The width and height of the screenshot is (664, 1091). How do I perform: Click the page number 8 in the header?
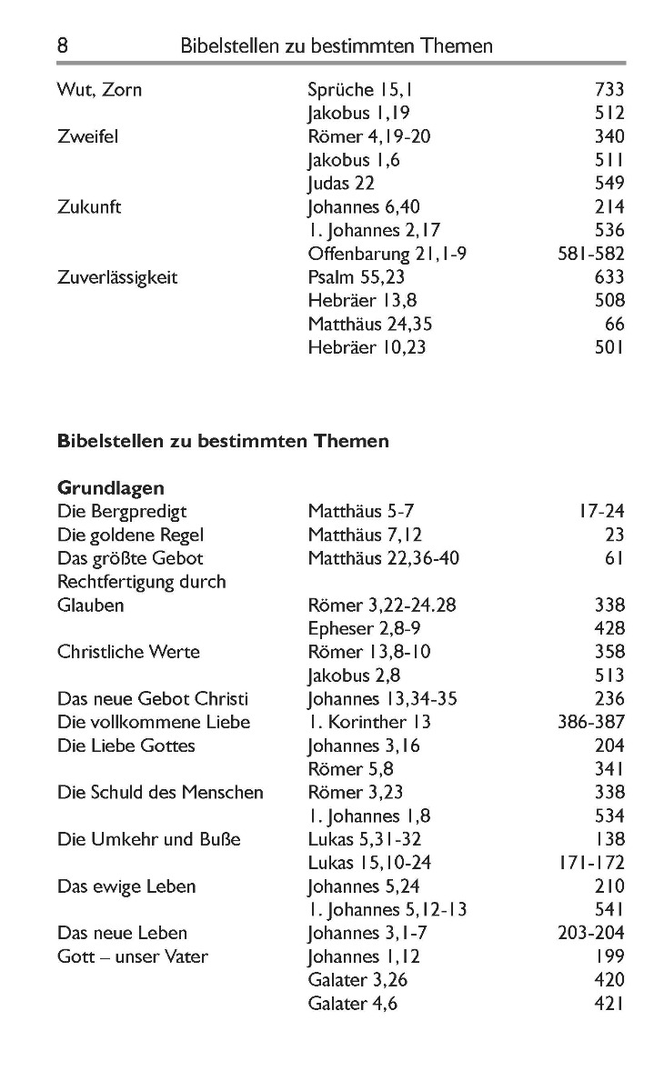tap(63, 45)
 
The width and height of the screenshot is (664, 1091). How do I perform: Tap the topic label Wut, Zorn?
tap(99, 90)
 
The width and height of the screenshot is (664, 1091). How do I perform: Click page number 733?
tap(609, 90)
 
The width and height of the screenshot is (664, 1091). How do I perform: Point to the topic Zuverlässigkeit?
tap(117, 277)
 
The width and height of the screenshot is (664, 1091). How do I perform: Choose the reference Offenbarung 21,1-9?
tap(387, 254)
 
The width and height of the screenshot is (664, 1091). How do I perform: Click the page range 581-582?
tap(590, 254)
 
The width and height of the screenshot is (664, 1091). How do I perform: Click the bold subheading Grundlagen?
tap(111, 488)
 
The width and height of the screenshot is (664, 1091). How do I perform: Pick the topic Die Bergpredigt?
tap(122, 512)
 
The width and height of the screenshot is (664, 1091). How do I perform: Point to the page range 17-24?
tap(600, 512)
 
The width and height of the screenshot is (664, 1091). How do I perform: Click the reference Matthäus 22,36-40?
tap(384, 558)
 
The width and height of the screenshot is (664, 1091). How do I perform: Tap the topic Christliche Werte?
tap(128, 652)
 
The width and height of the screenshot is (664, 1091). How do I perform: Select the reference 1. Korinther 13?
tap(369, 723)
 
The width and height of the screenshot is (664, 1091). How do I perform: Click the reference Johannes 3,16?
tap(361, 746)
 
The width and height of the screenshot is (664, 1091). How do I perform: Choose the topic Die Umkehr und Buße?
tap(149, 840)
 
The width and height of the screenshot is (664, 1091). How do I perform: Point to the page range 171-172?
tap(590, 863)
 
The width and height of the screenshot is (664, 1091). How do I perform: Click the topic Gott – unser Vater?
tap(133, 956)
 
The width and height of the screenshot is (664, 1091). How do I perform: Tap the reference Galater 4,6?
tap(353, 1004)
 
